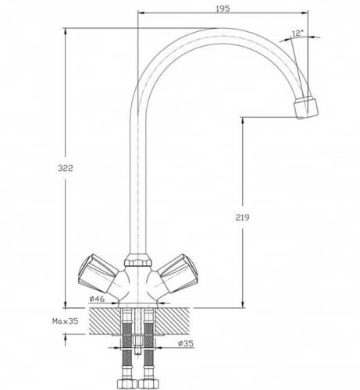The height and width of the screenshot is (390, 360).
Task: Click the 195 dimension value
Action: pos(223,9)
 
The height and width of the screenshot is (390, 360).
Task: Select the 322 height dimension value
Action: pos(66,168)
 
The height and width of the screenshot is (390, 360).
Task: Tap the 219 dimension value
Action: pos(242,217)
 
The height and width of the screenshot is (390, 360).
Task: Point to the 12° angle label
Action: pos(298,34)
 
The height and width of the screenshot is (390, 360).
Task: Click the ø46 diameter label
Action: pos(97,299)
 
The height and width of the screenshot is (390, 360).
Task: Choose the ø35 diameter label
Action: pos(186,343)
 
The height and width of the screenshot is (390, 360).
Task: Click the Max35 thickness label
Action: pos(66,321)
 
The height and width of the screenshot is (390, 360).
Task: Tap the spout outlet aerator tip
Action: pos(306,108)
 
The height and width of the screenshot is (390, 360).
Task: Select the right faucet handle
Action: pos(177,274)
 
